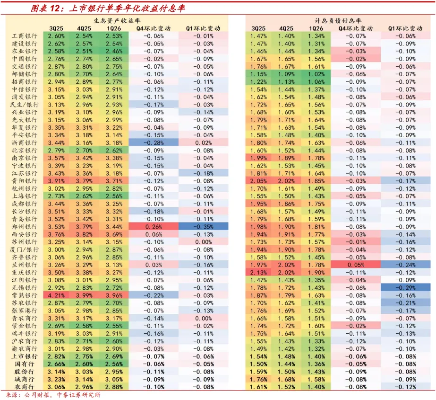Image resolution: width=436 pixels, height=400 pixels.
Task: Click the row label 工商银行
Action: click(24, 36)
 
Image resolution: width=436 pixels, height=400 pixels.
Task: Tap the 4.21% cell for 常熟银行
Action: click(56, 295)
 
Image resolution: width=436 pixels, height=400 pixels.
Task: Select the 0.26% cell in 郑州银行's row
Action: click(154, 227)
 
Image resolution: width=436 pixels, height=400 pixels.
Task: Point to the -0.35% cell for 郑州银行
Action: click(203, 227)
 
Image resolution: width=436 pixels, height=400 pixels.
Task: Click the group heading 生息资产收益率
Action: click(117, 21)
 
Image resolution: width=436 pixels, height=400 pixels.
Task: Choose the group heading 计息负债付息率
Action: click(338, 21)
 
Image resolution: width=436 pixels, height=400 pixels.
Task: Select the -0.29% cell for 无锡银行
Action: click(405, 288)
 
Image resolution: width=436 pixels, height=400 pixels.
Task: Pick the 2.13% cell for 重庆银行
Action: click(258, 272)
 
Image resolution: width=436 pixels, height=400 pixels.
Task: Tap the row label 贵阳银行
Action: click(24, 181)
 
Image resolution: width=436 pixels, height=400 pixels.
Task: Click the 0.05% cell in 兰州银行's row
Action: click(356, 265)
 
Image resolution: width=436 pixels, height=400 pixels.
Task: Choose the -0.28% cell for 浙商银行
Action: click(154, 142)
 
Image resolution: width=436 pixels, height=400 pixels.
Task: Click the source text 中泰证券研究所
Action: click(79, 395)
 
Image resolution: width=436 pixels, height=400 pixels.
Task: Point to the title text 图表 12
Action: click(45, 9)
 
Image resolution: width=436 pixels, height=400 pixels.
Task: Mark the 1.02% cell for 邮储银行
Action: click(316, 74)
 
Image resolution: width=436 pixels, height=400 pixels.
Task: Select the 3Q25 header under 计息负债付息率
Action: click(258, 28)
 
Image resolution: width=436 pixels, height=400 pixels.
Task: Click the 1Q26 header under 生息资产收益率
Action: click(114, 28)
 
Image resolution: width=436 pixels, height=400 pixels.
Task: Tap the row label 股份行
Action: click(24, 372)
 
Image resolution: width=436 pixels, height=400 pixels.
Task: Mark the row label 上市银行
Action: click(24, 356)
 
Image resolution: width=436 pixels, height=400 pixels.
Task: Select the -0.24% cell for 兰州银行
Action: click(405, 265)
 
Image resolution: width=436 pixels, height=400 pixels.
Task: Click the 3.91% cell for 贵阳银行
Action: click(56, 181)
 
